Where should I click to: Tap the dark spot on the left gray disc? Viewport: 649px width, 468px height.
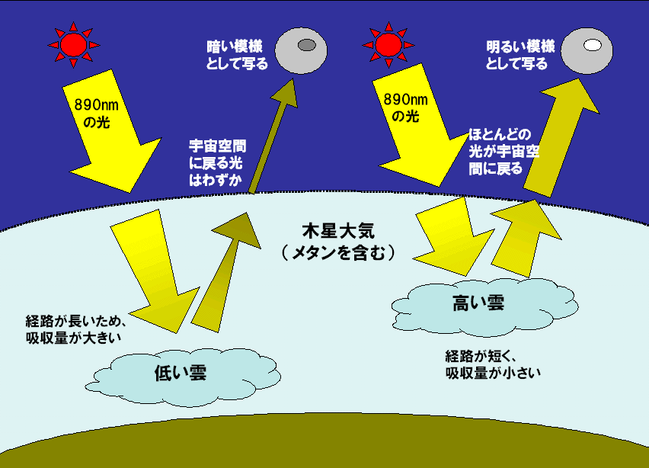[x=306, y=46]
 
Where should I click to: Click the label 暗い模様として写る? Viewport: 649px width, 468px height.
[x=237, y=56]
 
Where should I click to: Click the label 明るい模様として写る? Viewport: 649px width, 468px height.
[x=517, y=56]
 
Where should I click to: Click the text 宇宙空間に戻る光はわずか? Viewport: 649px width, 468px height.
[x=216, y=162]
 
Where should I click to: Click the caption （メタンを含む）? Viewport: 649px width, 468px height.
[x=336, y=252]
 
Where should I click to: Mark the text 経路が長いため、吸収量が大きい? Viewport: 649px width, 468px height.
[x=75, y=327]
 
